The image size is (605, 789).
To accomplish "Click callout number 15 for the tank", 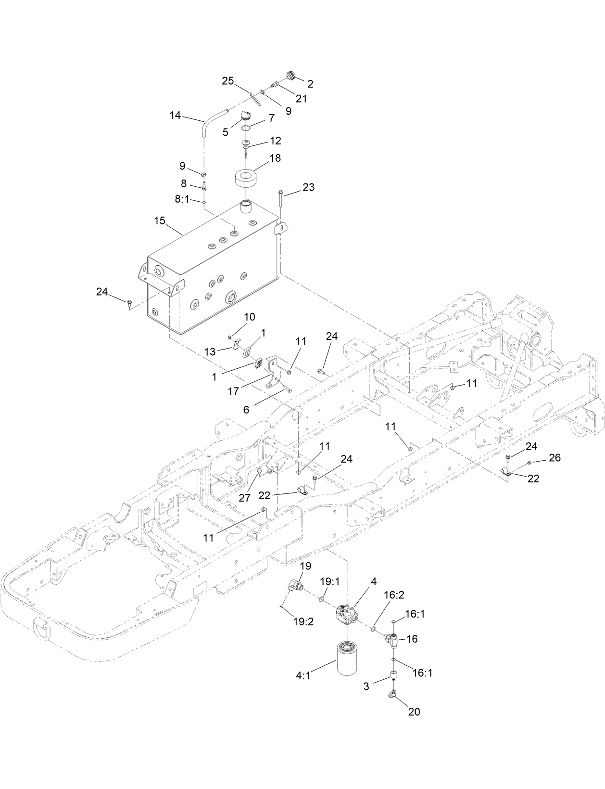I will tap(159, 221).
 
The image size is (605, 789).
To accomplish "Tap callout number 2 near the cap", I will tap(310, 84).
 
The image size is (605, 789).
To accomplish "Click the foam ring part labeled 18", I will tap(247, 180).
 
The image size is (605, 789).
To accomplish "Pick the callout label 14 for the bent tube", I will tap(175, 116).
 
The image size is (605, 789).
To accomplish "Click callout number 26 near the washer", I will tap(555, 457).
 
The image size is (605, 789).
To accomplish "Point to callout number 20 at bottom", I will tap(414, 711).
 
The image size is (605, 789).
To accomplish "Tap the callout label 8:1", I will tap(182, 199).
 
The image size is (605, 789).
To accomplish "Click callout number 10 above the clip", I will tap(250, 317).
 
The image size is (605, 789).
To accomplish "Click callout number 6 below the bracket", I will tap(246, 409).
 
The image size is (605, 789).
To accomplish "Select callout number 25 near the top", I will tap(228, 81).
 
